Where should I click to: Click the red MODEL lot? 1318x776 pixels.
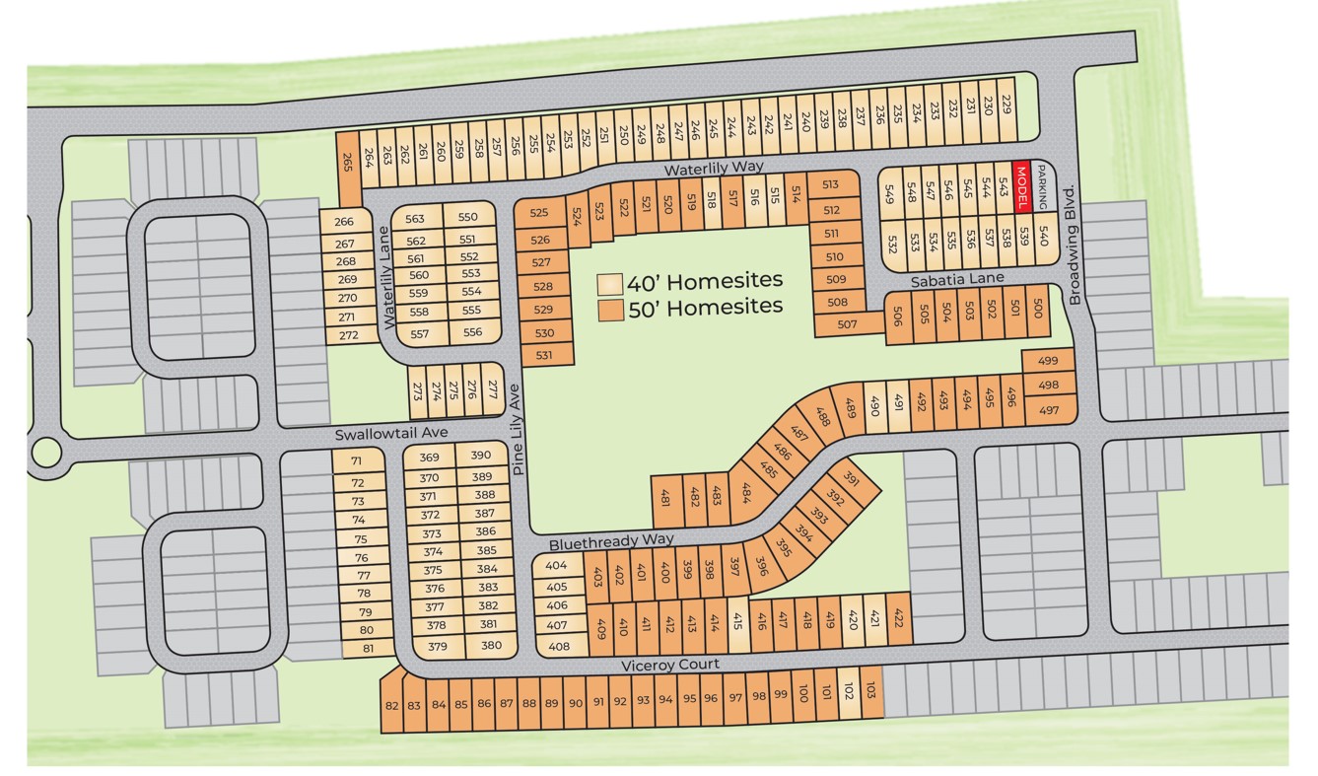tap(1022, 186)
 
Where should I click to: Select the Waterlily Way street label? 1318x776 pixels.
tap(714, 169)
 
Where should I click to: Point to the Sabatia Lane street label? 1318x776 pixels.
tap(957, 279)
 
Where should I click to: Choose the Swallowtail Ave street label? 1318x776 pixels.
tap(390, 433)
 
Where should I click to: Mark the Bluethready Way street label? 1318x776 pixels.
tap(611, 541)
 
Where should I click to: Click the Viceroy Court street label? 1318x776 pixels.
tap(669, 665)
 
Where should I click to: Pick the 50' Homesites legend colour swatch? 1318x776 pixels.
tap(611, 309)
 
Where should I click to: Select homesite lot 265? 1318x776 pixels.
tap(347, 164)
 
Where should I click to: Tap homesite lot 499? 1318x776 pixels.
tap(1048, 361)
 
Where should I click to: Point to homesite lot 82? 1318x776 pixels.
tap(392, 704)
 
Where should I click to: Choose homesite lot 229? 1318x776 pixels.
tap(1006, 105)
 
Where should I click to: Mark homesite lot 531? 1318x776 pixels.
tap(544, 355)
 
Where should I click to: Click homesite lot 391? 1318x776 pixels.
tap(852, 482)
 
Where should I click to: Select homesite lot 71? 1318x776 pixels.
tap(356, 461)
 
